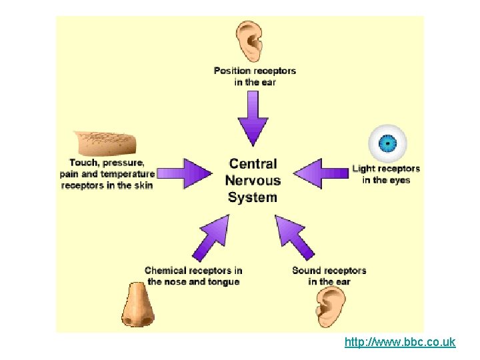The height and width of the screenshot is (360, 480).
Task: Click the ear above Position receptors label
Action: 253,41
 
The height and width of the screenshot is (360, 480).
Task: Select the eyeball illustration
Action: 387,143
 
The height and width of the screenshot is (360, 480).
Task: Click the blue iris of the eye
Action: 387,143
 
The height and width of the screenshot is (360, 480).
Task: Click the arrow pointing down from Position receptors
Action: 253,118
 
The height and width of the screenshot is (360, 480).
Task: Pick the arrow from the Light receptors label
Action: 321,173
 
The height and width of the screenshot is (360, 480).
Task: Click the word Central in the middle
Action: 253,164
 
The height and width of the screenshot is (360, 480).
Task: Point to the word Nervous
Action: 253,181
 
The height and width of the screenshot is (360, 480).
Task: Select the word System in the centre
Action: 252,197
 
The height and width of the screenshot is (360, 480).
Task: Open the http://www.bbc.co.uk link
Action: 399,343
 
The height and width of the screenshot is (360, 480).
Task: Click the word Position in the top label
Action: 231,71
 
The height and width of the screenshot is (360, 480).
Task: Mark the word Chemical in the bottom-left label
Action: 166,271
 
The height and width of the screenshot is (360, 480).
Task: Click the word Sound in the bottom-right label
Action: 306,271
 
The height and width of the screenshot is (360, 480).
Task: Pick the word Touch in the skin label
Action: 84,163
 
